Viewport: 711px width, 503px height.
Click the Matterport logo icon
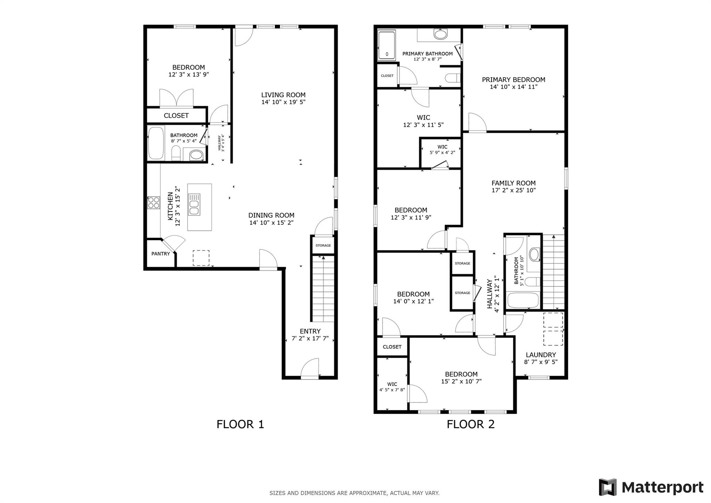(x=608, y=487)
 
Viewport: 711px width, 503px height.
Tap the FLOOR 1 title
(x=240, y=424)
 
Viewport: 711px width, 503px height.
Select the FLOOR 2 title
(x=470, y=424)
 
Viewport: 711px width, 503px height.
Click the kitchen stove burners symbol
(x=153, y=203)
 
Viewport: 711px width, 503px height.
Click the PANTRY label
(x=160, y=254)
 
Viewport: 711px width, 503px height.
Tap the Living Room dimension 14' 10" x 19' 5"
(x=283, y=102)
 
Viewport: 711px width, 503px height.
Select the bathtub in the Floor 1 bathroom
(x=156, y=143)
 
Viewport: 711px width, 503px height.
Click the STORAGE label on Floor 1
(x=323, y=246)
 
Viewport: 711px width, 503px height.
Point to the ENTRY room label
(x=310, y=331)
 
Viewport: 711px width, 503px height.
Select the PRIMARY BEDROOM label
(x=513, y=80)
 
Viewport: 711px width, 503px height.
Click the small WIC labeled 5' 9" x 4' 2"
(x=442, y=150)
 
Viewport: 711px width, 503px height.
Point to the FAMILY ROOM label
(x=513, y=183)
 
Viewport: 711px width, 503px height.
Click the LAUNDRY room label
(x=541, y=355)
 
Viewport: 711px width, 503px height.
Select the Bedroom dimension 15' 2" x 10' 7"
(x=461, y=381)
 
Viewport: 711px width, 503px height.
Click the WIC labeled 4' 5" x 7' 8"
(x=392, y=387)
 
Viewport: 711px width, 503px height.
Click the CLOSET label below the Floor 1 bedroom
(x=176, y=116)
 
